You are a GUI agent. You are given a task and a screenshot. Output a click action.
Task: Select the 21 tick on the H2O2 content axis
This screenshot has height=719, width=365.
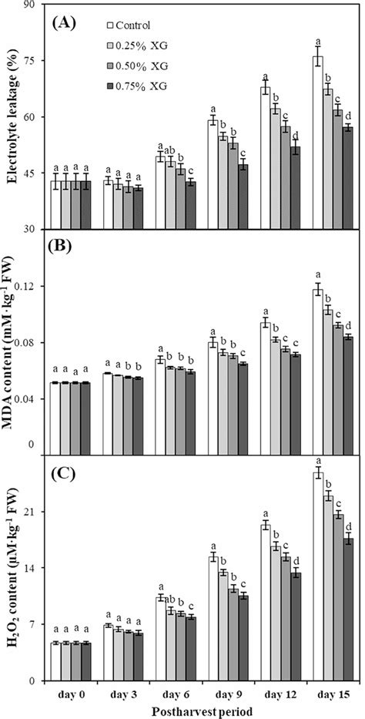pos(33,512)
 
